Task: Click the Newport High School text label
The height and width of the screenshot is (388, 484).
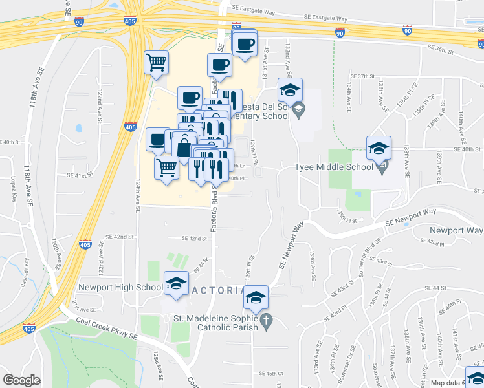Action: pos(120,287)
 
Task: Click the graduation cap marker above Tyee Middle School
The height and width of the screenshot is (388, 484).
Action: pos(379,148)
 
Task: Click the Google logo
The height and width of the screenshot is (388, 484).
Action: pos(21,381)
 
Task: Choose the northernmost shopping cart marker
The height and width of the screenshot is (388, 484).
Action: pos(156,63)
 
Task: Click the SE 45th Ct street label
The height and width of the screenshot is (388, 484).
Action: pos(271,374)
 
